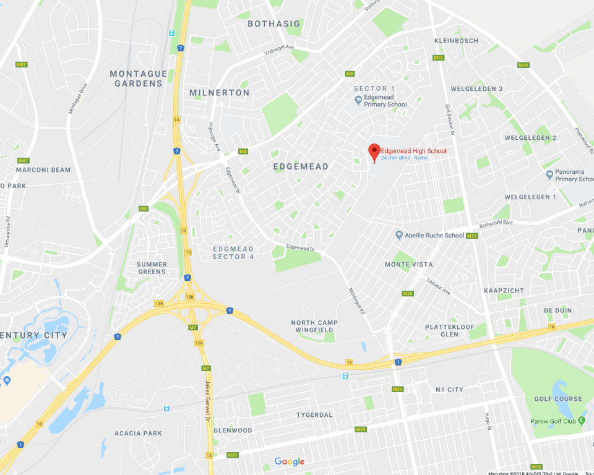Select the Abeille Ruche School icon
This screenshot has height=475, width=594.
click(x=399, y=235)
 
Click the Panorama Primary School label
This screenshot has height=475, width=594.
click(x=575, y=175)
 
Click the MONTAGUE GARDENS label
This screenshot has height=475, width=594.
click(x=139, y=79)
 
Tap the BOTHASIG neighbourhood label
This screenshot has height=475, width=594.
click(x=273, y=24)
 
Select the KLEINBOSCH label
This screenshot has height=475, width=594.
click(x=457, y=41)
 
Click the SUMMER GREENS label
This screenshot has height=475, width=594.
click(x=152, y=268)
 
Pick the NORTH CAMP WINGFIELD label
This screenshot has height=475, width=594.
click(x=314, y=327)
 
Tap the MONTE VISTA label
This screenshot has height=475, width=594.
click(x=408, y=265)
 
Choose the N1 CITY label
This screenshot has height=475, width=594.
click(x=449, y=390)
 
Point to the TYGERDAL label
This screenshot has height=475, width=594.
click(x=314, y=414)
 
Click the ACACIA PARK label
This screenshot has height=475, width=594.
click(x=138, y=434)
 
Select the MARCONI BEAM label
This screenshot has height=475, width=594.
click(x=43, y=170)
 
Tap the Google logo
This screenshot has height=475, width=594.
click(x=290, y=461)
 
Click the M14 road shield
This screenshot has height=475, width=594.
click(x=523, y=65)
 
